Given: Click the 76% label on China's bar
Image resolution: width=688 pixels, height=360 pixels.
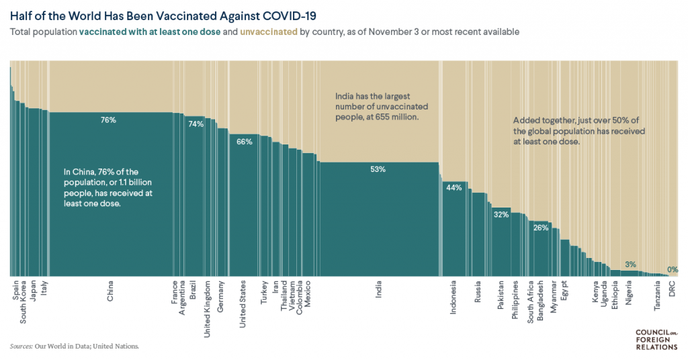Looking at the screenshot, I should click(x=108, y=120).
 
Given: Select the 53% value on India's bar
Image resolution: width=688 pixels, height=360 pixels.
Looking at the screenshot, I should click(x=378, y=169).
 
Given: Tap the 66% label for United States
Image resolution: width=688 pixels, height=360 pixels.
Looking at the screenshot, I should click(x=245, y=142).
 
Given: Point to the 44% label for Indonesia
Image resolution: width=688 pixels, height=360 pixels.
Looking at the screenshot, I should click(x=454, y=187).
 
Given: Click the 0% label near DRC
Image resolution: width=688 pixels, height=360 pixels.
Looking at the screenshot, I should click(x=673, y=269).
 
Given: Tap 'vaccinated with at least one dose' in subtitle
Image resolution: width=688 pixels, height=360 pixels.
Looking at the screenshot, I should click(x=149, y=32).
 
